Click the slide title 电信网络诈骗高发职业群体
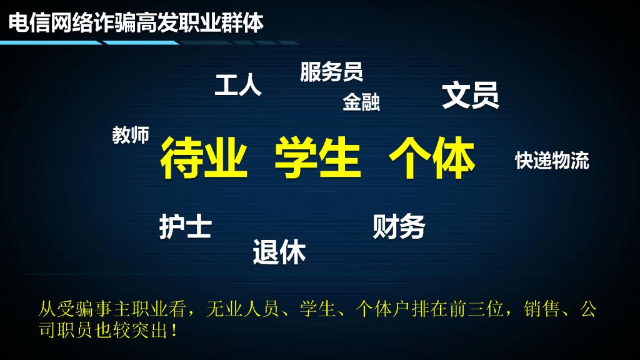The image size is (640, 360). tap(136, 22)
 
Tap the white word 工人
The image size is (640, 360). tap(238, 85)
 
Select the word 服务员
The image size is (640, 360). tap(331, 72)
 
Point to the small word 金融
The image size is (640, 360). tap(361, 102)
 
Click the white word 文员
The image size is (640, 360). tap(471, 95)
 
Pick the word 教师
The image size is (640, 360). tap(131, 134)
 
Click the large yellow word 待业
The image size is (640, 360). tap(204, 159)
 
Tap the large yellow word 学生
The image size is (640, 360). tap(317, 159)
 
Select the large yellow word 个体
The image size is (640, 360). tap(431, 159)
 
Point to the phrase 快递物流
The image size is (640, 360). tap(552, 161)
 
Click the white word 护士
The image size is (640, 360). tap(185, 227)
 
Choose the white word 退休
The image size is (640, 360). tap(279, 252)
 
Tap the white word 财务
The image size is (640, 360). tap(399, 226)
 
